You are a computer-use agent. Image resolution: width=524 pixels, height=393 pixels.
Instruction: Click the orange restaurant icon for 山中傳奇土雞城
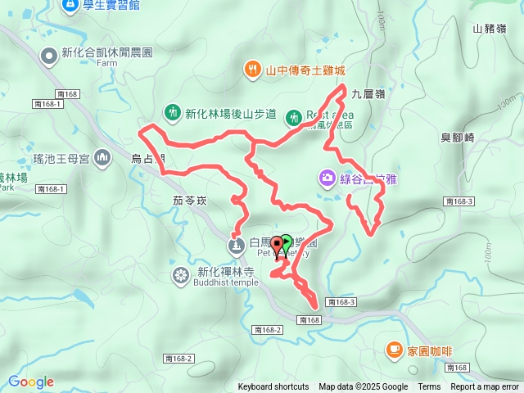253,70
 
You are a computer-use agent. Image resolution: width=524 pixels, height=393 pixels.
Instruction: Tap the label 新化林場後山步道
231,113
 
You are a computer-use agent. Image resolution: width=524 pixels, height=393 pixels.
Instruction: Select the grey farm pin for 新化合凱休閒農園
48,56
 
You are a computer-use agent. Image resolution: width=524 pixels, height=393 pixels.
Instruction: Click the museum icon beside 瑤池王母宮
102,156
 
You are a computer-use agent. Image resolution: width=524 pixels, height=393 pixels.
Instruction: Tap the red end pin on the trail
278,244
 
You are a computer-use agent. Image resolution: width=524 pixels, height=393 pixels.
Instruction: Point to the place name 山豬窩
490,29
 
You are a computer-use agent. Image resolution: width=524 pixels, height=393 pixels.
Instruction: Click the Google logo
30,382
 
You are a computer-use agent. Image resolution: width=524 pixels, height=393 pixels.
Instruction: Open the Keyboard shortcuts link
273,387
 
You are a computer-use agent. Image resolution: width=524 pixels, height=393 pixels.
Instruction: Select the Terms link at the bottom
429,387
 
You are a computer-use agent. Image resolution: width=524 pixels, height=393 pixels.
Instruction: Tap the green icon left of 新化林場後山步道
172,112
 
